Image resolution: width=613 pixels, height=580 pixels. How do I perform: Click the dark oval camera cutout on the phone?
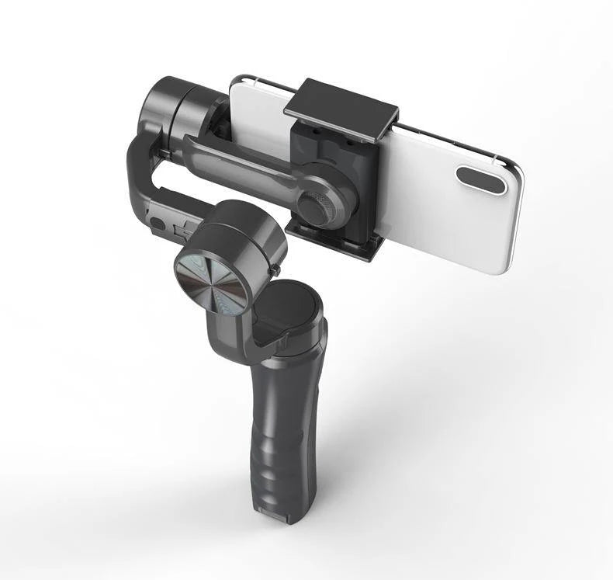click(481, 179)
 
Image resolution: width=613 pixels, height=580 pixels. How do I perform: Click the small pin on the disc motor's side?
click(276, 269)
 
